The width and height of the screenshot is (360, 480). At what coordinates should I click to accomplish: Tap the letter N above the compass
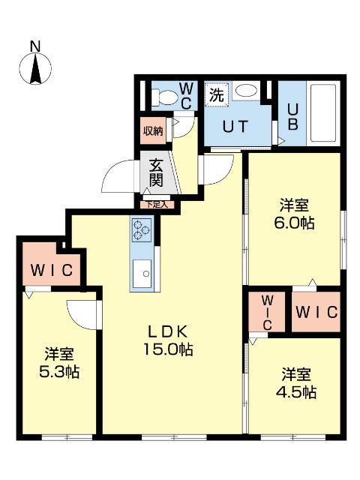pos(35,46)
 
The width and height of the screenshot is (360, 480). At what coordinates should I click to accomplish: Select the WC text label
pos(187,95)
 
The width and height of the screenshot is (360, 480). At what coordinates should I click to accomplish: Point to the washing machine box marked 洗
pos(216,95)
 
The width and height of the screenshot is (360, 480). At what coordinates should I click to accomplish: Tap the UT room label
pos(232,126)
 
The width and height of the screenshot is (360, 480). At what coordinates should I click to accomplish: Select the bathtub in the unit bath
pos(323,113)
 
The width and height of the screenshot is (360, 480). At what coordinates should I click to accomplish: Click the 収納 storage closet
pos(153,131)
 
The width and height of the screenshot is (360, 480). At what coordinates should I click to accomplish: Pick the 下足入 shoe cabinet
pos(156,203)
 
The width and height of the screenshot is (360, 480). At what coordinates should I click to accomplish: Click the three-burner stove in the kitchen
pos(141,229)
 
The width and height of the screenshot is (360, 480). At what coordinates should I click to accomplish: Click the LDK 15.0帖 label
pos(171,340)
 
